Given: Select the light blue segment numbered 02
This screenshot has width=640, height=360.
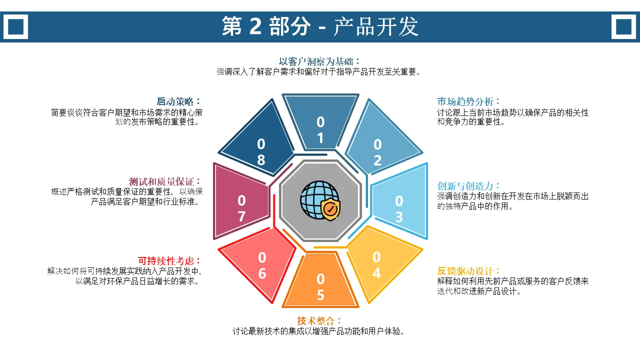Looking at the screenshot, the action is (380, 140).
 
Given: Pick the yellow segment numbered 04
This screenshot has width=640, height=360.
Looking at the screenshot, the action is (380, 263).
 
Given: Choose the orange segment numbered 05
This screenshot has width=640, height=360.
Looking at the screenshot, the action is (320, 281).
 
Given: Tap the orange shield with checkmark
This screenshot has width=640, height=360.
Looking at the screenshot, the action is (330, 209).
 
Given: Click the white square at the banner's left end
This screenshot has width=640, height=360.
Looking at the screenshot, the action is (15, 26).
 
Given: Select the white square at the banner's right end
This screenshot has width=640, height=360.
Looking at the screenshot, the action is (623, 26).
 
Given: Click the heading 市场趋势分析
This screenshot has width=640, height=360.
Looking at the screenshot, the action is (465, 101).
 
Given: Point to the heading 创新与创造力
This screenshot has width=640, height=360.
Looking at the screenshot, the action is (465, 186).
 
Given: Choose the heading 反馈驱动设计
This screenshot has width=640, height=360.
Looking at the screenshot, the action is (465, 271).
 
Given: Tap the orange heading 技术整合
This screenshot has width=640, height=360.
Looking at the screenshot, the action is (315, 320).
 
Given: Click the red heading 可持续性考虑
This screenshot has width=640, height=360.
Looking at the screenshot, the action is (165, 261).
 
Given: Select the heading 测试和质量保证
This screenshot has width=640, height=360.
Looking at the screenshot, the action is (161, 181).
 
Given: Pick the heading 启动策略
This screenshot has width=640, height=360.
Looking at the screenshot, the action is (175, 101).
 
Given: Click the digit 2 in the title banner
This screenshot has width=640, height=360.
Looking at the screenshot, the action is (255, 26).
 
